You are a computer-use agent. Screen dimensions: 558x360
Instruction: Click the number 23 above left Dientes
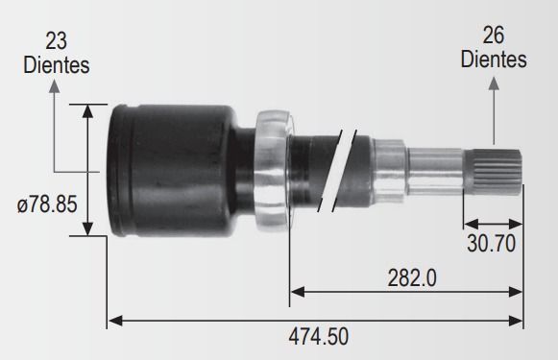pos(57,41)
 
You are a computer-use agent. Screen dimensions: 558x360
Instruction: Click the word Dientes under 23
pos(57,65)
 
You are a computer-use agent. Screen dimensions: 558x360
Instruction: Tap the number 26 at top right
pos(494,36)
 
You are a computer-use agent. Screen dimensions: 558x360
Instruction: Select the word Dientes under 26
pos(494,60)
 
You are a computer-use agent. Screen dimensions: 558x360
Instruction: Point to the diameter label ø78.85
pos(47,204)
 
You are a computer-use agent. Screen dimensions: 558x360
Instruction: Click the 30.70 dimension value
pos(491,244)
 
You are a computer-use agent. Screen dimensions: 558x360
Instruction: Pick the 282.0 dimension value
pos(412,277)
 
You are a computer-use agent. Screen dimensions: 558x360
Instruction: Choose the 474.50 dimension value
pos(319,337)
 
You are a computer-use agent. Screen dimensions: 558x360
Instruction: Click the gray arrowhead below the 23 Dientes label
pos(54,86)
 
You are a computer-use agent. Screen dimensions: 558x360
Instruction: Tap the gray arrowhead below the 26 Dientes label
pos(494,84)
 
